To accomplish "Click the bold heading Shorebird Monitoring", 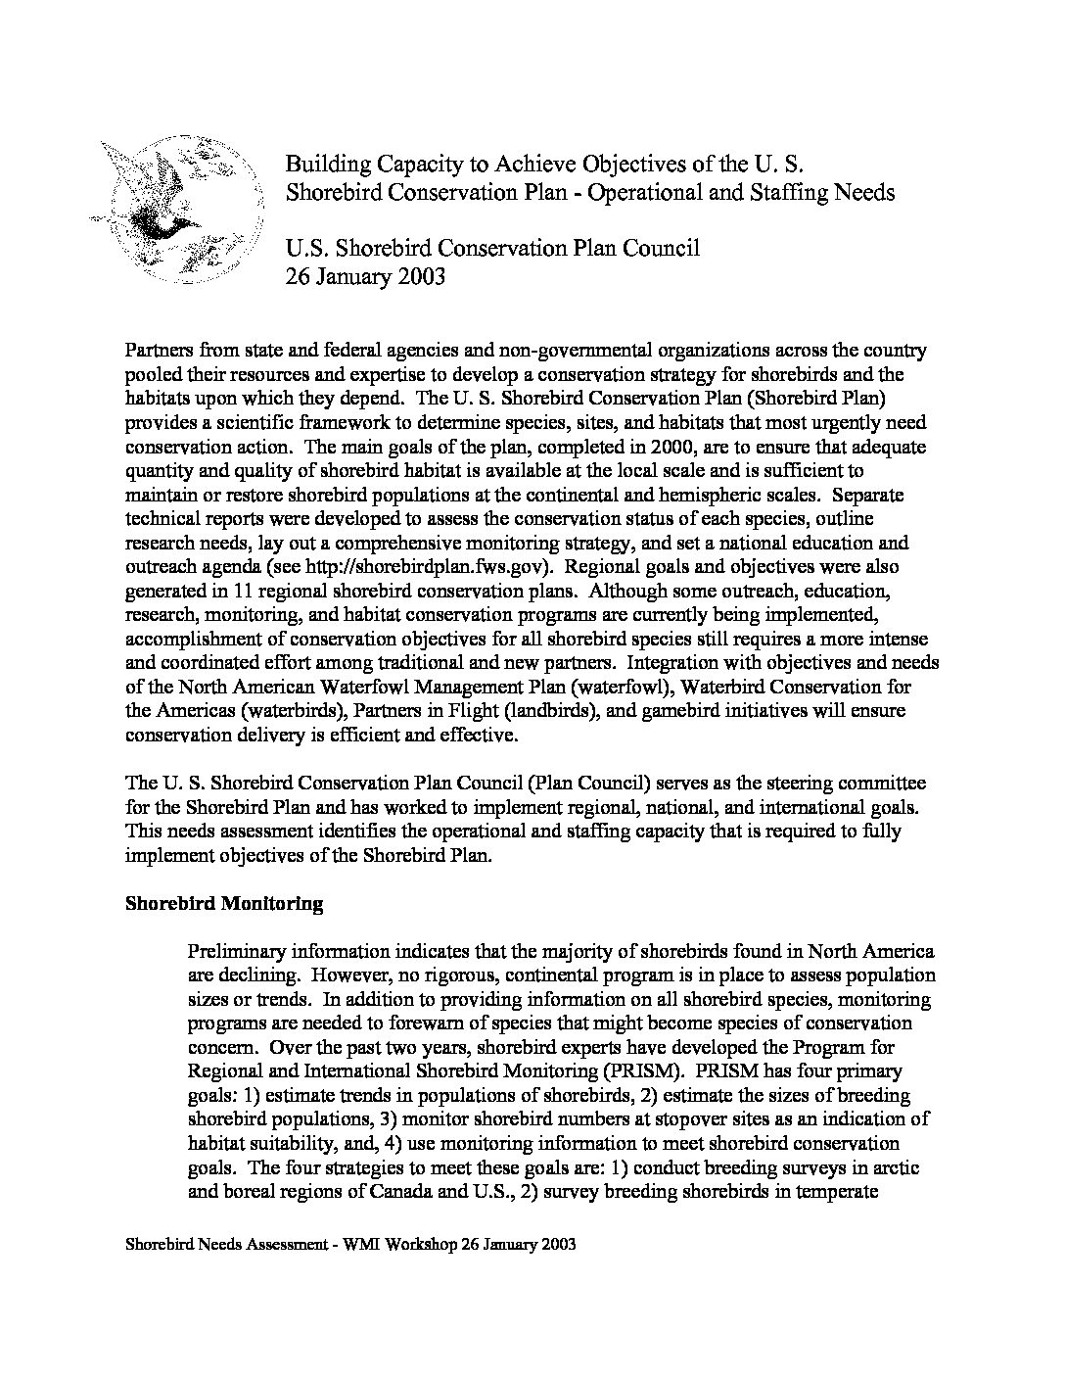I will click(x=224, y=903).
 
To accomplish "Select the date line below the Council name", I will click(x=365, y=276).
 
